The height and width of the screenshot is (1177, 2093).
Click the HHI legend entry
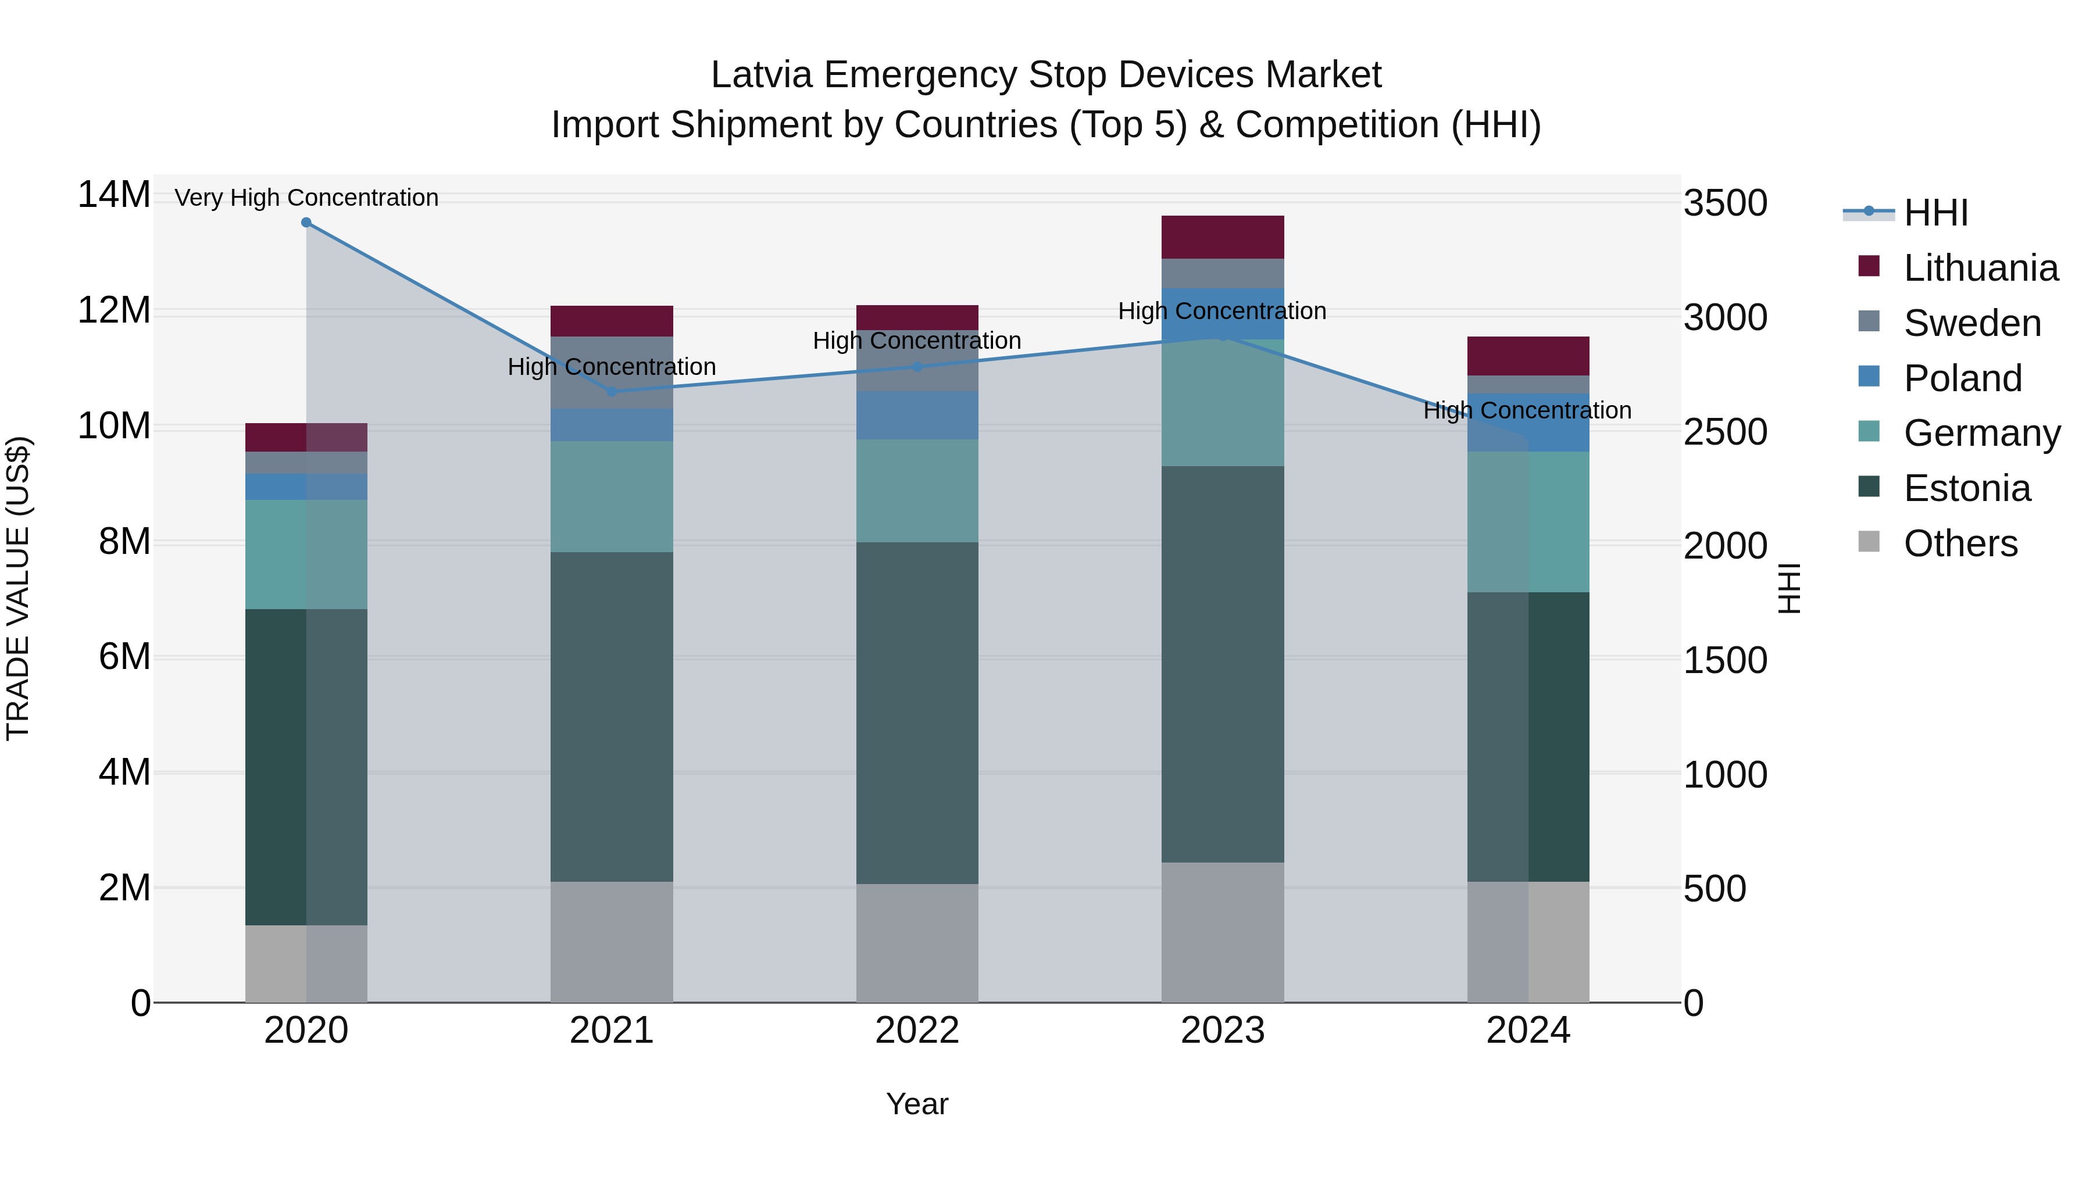[1934, 213]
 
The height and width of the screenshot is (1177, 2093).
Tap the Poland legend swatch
[1869, 377]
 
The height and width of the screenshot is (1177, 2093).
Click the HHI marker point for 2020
[306, 223]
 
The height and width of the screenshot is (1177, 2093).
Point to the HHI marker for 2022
[917, 367]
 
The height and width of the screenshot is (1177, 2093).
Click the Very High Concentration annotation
[306, 198]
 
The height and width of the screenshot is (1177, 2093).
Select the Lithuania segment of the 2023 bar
[1222, 237]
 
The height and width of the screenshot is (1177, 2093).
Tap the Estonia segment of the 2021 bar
[611, 717]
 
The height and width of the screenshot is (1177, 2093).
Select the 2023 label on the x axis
[1222, 1031]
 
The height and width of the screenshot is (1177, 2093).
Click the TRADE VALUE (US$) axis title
[18, 588]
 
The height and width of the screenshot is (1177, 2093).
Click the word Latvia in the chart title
[760, 75]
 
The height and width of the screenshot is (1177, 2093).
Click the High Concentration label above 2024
[1527, 410]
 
